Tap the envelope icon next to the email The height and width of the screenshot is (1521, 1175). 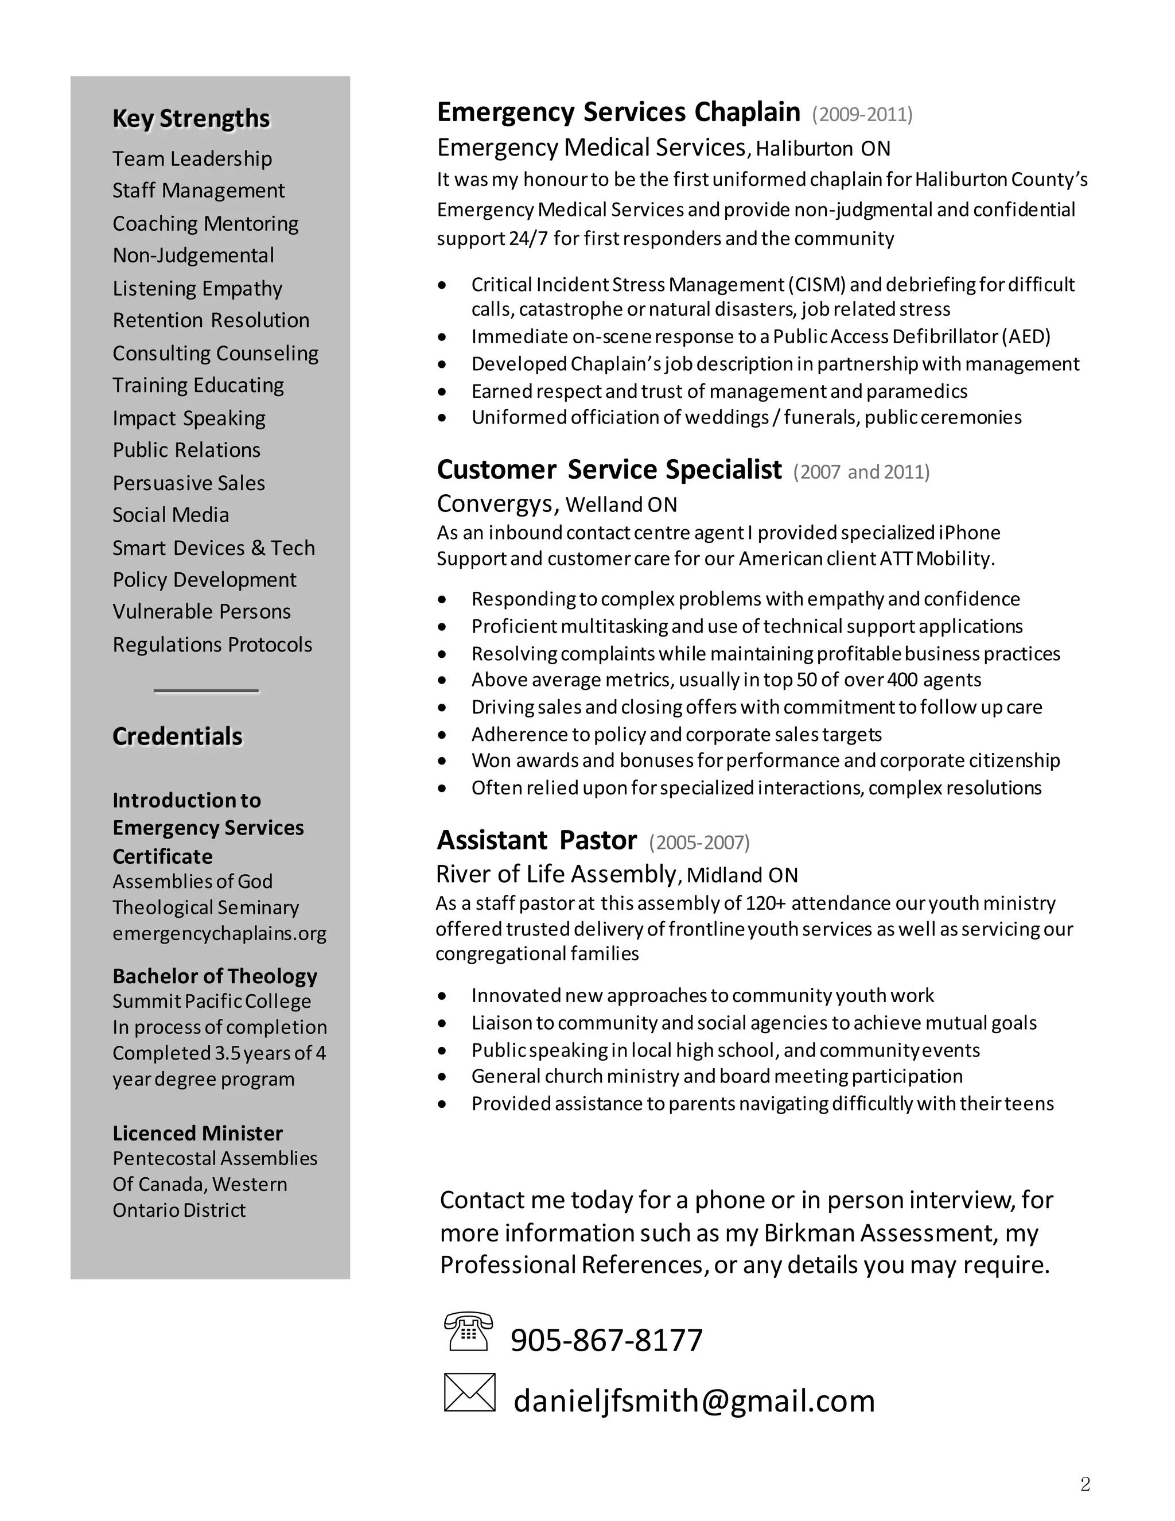pyautogui.click(x=469, y=1393)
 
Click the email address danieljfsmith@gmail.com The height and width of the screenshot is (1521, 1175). pyautogui.click(x=693, y=1400)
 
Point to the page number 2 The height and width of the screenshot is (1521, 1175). pyautogui.click(x=1084, y=1485)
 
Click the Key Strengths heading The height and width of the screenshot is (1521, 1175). pyautogui.click(x=190, y=118)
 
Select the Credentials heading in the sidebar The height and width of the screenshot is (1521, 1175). pyautogui.click(x=177, y=736)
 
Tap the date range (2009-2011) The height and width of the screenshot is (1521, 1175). pyautogui.click(x=862, y=114)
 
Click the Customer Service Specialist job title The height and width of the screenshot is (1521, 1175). pyautogui.click(x=609, y=470)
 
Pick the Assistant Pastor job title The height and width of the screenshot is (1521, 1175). pyautogui.click(x=536, y=841)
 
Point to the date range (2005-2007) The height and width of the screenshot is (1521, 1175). pyautogui.click(x=699, y=843)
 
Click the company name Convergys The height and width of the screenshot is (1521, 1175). pyautogui.click(x=497, y=503)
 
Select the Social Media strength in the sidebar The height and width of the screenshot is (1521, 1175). pyautogui.click(x=170, y=515)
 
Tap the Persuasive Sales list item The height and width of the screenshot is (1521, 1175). pyautogui.click(x=189, y=483)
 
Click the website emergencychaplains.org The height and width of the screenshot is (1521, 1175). pyautogui.click(x=219, y=933)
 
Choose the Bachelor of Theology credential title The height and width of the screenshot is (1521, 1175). pyautogui.click(x=215, y=976)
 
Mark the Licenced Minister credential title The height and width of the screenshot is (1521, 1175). pyautogui.click(x=198, y=1133)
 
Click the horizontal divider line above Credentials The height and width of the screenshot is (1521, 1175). pyautogui.click(x=206, y=691)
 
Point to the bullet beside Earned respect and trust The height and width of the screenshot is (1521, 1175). pyautogui.click(x=442, y=392)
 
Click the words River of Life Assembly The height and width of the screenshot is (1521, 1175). pyautogui.click(x=555, y=874)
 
